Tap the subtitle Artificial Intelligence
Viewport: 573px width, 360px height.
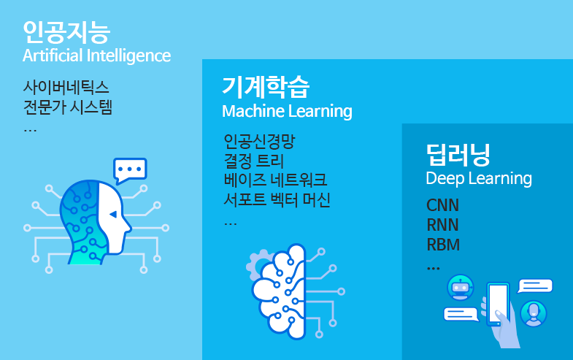[x=96, y=55]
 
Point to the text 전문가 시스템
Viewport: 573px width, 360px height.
[x=68, y=108]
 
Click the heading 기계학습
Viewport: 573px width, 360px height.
[x=266, y=87]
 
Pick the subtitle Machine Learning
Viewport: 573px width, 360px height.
[x=287, y=112]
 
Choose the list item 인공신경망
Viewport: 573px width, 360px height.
[x=259, y=141]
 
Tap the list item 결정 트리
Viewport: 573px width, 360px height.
[x=253, y=161]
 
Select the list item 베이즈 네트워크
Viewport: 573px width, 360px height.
[x=275, y=180]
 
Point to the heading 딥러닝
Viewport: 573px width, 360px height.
[x=458, y=154]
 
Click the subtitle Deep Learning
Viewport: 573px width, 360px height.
[x=479, y=179]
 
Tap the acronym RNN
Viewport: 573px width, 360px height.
[x=443, y=224]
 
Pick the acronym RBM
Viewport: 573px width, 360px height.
[x=443, y=244]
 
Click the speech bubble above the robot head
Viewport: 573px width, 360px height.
[x=130, y=170]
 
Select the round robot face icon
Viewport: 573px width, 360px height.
[x=460, y=288]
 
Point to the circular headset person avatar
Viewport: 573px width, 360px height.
[x=534, y=313]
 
